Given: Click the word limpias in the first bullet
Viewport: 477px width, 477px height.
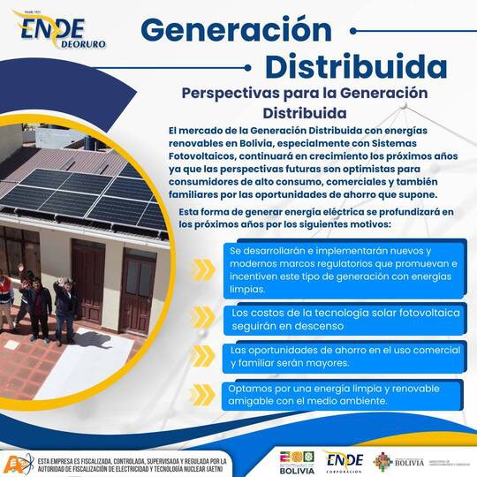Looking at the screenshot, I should coord(249,289).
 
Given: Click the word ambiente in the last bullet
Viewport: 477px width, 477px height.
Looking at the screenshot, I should coord(363,400).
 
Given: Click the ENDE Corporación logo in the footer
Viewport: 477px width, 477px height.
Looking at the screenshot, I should coord(344,462).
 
